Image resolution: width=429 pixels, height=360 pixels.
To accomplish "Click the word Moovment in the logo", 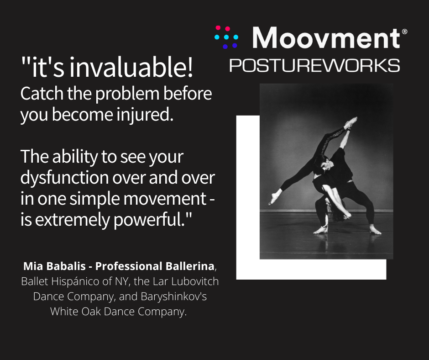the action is point(326,38).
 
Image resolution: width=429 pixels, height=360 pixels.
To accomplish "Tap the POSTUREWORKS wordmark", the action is point(314,65).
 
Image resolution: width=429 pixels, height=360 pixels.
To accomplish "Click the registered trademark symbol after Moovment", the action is point(404,32).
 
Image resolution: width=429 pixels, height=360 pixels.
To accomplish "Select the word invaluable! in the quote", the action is point(131,67).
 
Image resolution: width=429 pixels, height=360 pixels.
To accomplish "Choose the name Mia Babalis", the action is point(54,266).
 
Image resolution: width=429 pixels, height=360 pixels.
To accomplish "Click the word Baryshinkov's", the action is point(174,296).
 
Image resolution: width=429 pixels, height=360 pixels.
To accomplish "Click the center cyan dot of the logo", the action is point(226,37).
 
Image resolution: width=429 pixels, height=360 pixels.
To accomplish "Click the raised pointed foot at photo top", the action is point(351,122).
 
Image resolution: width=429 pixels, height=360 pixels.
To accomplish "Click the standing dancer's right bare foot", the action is point(375,230).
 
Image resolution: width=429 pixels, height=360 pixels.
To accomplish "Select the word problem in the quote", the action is point(127,94).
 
